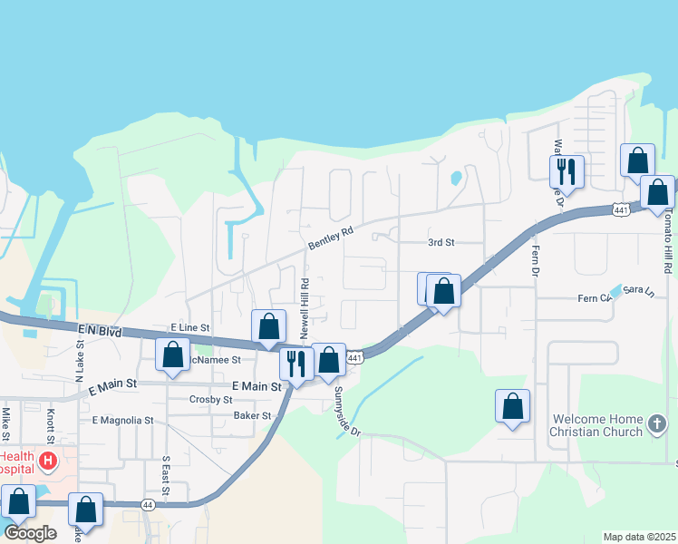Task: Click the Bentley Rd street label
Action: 329,238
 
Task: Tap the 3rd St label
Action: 441,243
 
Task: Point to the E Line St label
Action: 189,326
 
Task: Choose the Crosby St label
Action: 211,400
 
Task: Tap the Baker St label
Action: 253,415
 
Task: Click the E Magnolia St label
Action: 122,421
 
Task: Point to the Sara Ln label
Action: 637,290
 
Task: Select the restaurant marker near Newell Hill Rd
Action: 295,363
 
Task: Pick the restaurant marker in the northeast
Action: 567,170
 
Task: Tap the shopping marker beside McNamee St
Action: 172,355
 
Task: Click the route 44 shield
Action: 148,503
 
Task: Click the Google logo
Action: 30,533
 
